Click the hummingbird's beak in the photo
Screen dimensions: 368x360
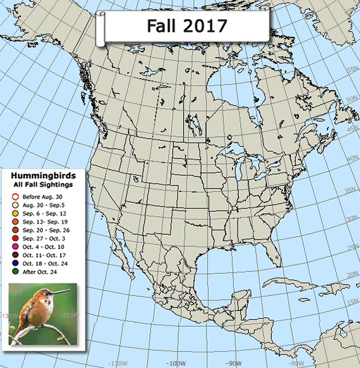pyautogui.click(x=60, y=293)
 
